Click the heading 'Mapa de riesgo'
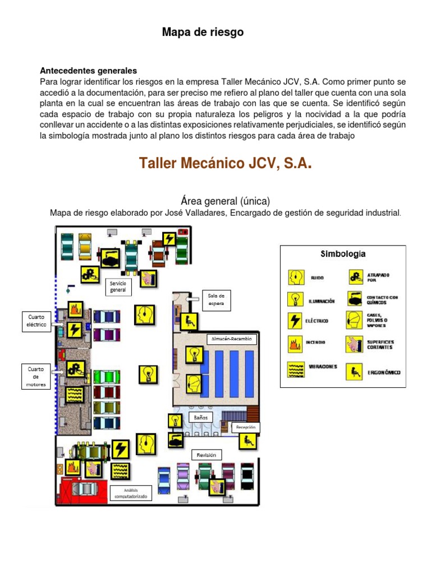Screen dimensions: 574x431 [x=203, y=33]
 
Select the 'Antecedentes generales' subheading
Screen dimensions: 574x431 [x=88, y=71]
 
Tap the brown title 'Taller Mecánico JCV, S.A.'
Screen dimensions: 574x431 [x=224, y=164]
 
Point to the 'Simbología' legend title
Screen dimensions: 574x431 [x=343, y=253]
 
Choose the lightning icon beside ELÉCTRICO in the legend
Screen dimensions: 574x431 [x=295, y=321]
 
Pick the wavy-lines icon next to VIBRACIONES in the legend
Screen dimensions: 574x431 [x=295, y=368]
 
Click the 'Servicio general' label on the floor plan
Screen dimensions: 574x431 [x=118, y=287]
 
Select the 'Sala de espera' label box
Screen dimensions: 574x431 [x=216, y=299]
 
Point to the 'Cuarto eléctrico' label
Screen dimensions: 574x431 [x=36, y=321]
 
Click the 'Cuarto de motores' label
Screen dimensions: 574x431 [x=36, y=377]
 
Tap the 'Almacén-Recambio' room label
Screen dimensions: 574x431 [x=232, y=339]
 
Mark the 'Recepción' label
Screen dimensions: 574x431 [x=246, y=427]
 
